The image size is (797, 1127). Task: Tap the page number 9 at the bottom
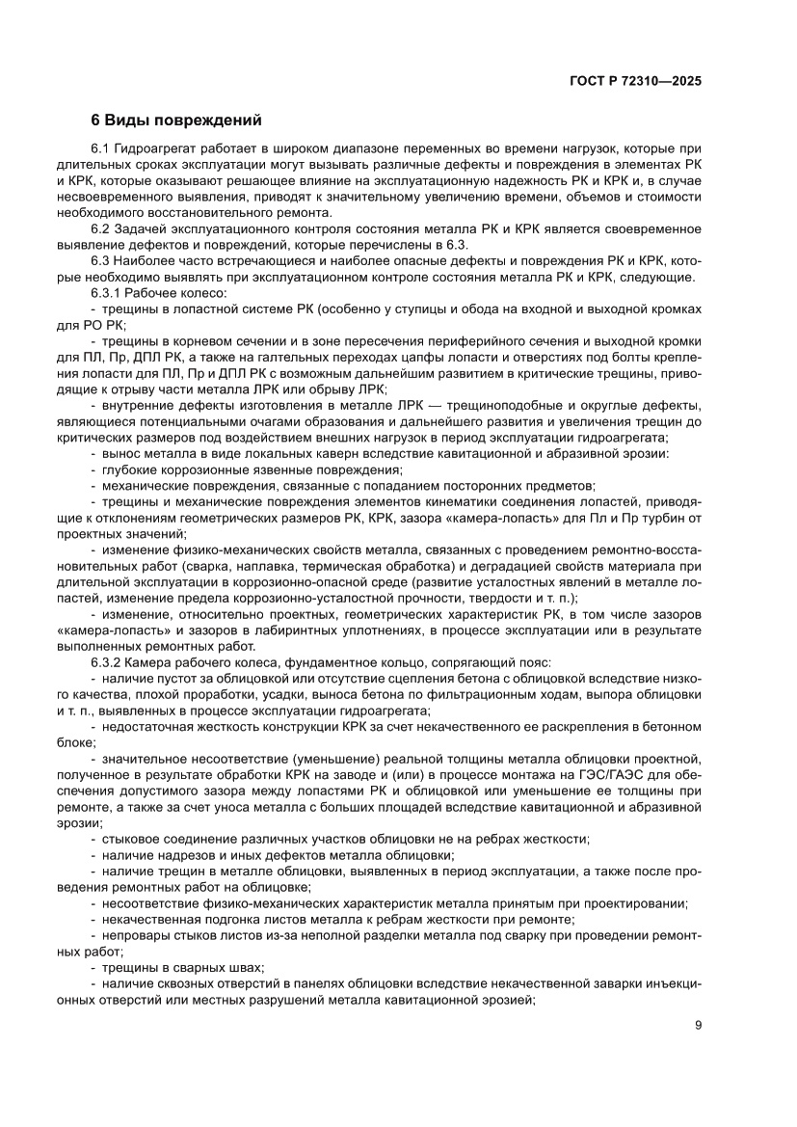[698, 1025]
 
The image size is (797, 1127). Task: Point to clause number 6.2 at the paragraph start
[101, 228]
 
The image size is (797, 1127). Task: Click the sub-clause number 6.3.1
[107, 292]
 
